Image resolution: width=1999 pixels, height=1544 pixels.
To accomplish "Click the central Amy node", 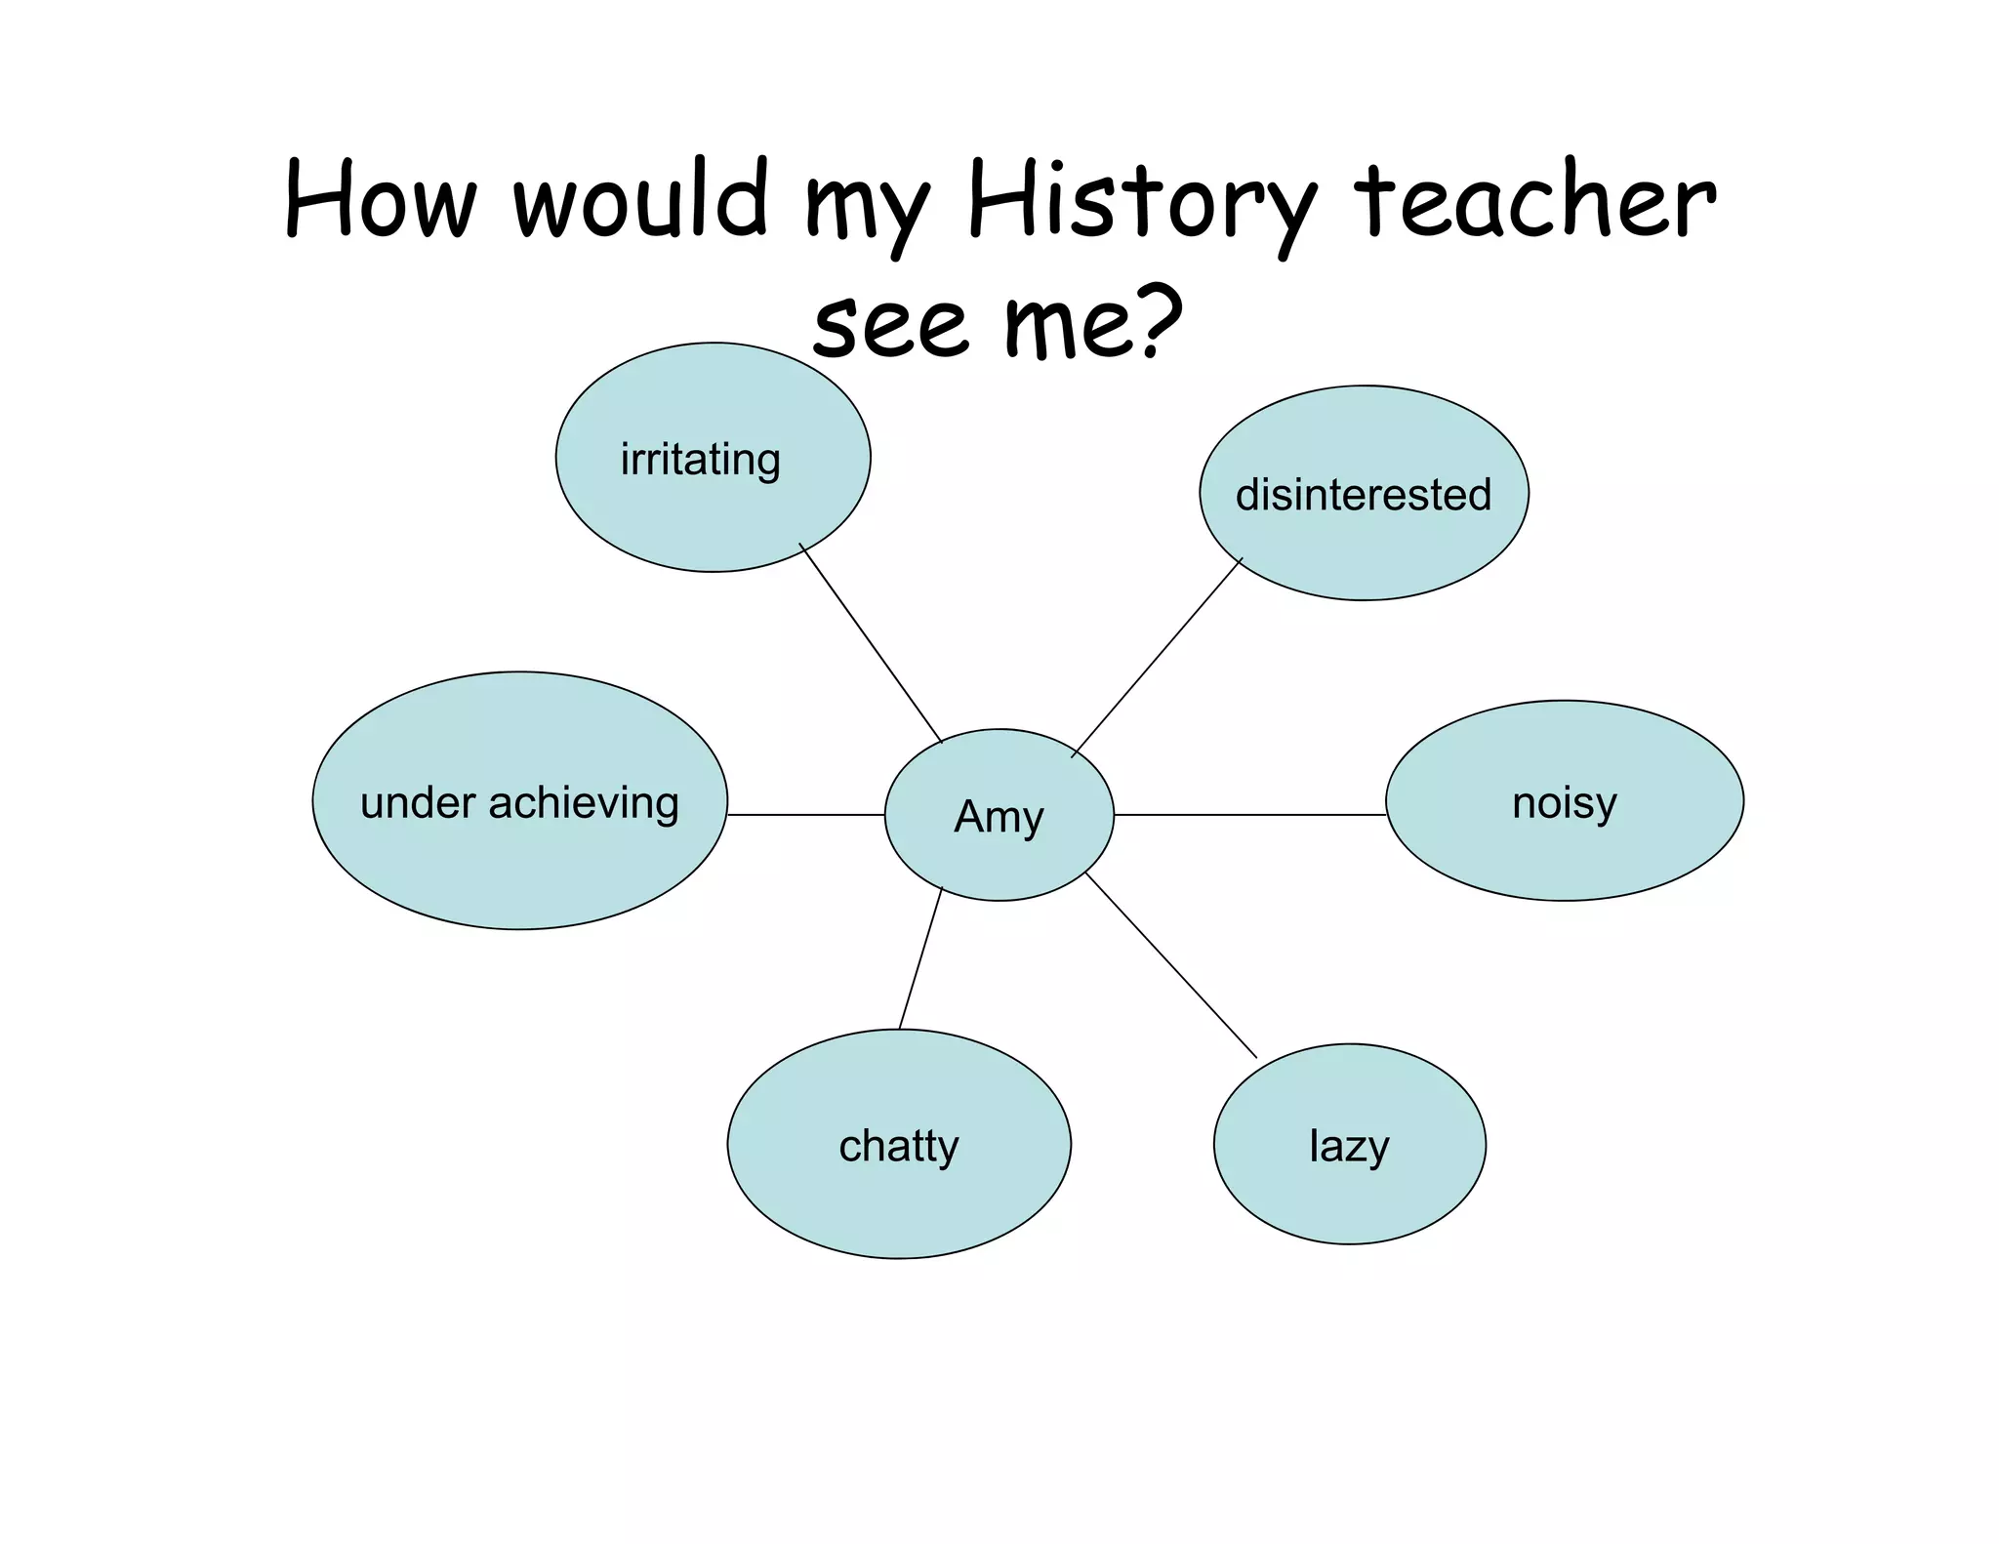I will [x=999, y=815].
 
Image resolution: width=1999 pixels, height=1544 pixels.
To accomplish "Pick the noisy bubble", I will [x=1564, y=801].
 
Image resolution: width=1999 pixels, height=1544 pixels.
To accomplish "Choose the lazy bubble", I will [x=1349, y=1144].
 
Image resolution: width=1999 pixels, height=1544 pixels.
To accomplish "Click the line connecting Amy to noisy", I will [x=1249, y=814].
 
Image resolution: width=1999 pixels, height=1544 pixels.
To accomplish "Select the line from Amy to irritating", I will [x=871, y=642].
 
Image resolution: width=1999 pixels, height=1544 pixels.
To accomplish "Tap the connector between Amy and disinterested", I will [x=1157, y=657].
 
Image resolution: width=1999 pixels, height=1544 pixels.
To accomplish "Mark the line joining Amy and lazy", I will [x=1171, y=965].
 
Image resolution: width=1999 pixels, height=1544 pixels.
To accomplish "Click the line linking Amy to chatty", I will [x=920, y=958].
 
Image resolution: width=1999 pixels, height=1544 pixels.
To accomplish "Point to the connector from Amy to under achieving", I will [x=806, y=814].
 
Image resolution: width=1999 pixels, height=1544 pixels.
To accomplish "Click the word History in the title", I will [x=1142, y=203].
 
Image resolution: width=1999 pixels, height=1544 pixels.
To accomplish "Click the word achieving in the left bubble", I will [x=584, y=803].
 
